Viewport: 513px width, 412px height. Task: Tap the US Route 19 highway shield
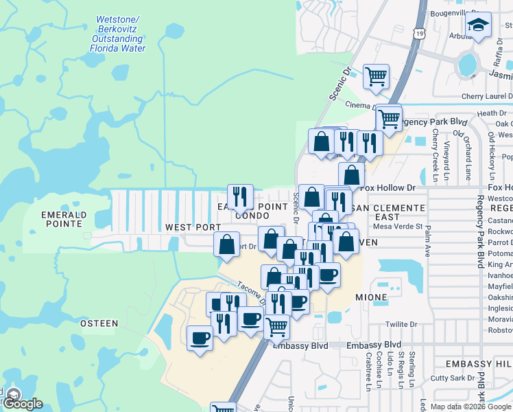click(419, 33)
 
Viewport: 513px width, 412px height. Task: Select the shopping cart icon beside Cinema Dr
click(375, 77)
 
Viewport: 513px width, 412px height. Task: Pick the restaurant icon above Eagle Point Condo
click(240, 197)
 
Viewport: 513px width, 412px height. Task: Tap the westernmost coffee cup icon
click(200, 339)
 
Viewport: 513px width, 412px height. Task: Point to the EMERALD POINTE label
click(63, 219)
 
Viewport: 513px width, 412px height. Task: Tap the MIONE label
click(371, 297)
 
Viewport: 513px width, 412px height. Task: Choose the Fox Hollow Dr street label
click(388, 187)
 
